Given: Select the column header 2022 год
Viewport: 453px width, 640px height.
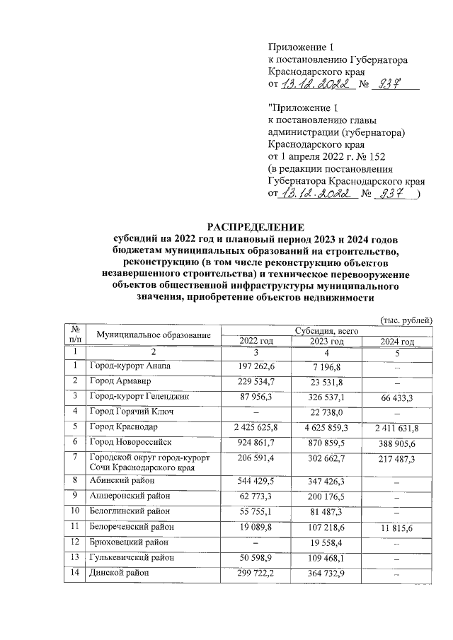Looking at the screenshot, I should pos(256,342).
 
